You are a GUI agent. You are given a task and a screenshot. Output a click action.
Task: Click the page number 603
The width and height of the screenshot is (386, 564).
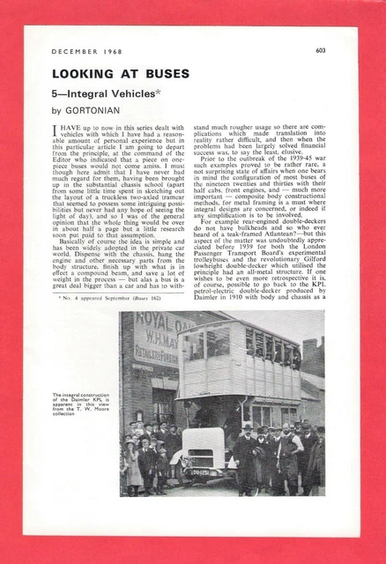[321, 50]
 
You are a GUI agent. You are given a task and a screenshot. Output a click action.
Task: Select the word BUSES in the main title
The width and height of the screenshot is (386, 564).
[158, 75]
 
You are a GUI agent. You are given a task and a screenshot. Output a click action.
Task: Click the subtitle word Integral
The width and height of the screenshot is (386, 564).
[89, 93]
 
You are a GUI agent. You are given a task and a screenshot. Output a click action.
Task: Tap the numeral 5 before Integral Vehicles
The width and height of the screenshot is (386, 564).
[55, 93]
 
